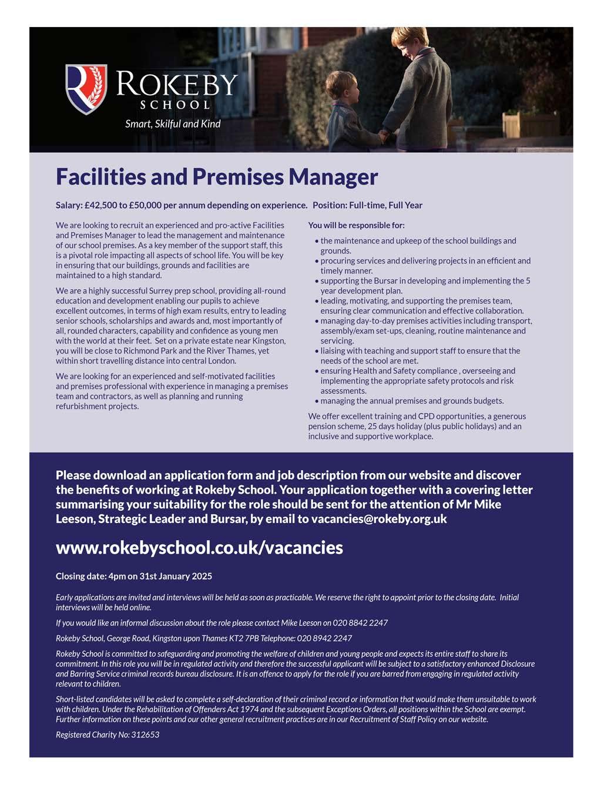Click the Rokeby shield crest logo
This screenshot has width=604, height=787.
[x=86, y=89]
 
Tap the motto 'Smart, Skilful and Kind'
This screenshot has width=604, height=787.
[x=173, y=123]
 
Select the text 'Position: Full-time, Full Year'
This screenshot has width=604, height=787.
[x=367, y=205]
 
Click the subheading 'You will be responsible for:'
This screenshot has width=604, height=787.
[x=356, y=225]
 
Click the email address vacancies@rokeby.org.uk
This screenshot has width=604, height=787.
[x=379, y=518]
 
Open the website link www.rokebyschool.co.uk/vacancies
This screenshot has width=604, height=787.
[x=199, y=547]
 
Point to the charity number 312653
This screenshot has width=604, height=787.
[x=145, y=734]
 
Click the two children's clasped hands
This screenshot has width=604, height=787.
[x=382, y=136]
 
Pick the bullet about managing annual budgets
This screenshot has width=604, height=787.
[x=411, y=401]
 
